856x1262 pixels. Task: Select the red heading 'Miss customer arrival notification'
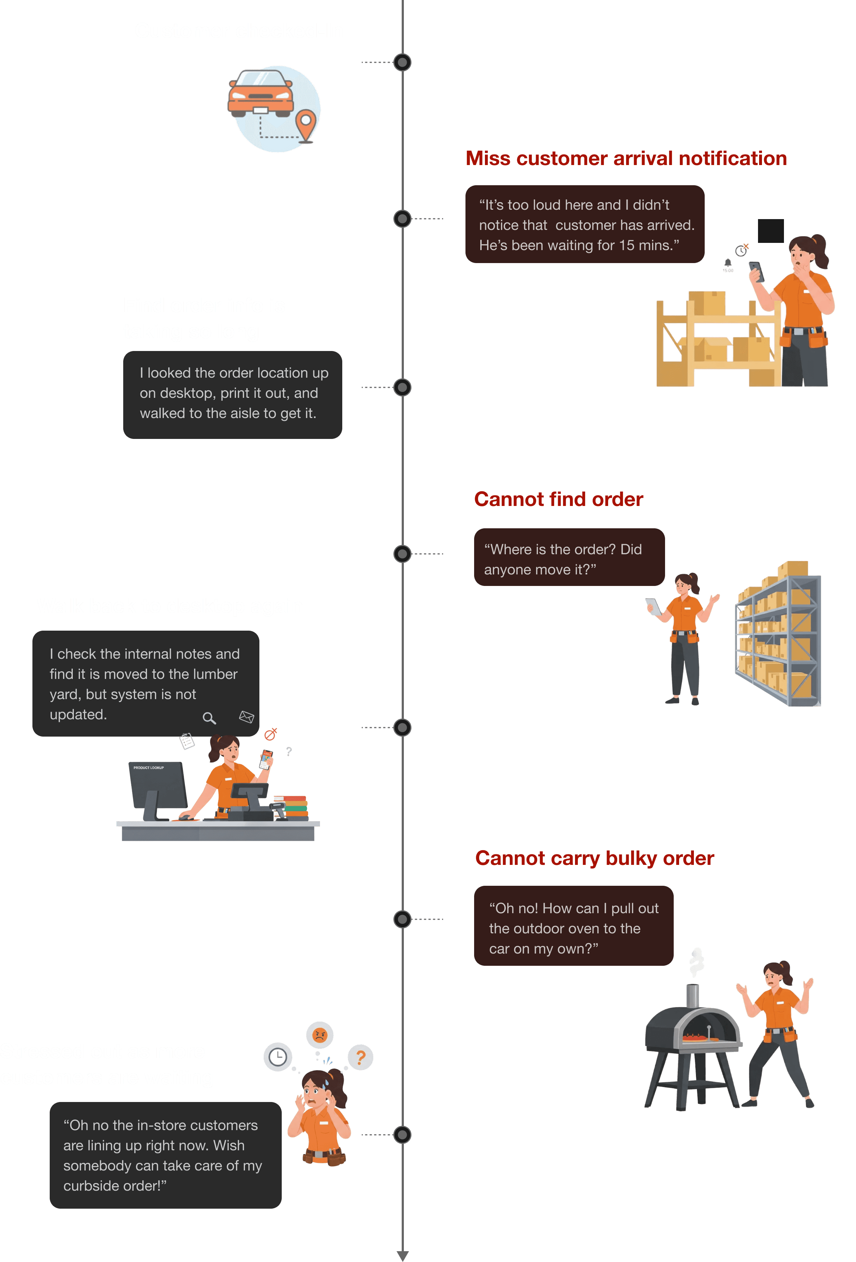tap(626, 158)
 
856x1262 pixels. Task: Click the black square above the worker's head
tap(770, 231)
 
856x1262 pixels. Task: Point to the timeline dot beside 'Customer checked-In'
tap(402, 62)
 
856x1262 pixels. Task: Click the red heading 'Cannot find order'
tap(558, 499)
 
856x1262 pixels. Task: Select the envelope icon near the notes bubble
tap(246, 717)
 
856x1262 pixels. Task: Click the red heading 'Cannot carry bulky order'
tap(594, 858)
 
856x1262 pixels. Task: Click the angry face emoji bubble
tap(320, 1035)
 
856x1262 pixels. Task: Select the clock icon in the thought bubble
tap(278, 1057)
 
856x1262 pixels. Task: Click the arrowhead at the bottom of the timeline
tap(402, 1255)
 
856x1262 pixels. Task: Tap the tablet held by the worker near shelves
tap(653, 606)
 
